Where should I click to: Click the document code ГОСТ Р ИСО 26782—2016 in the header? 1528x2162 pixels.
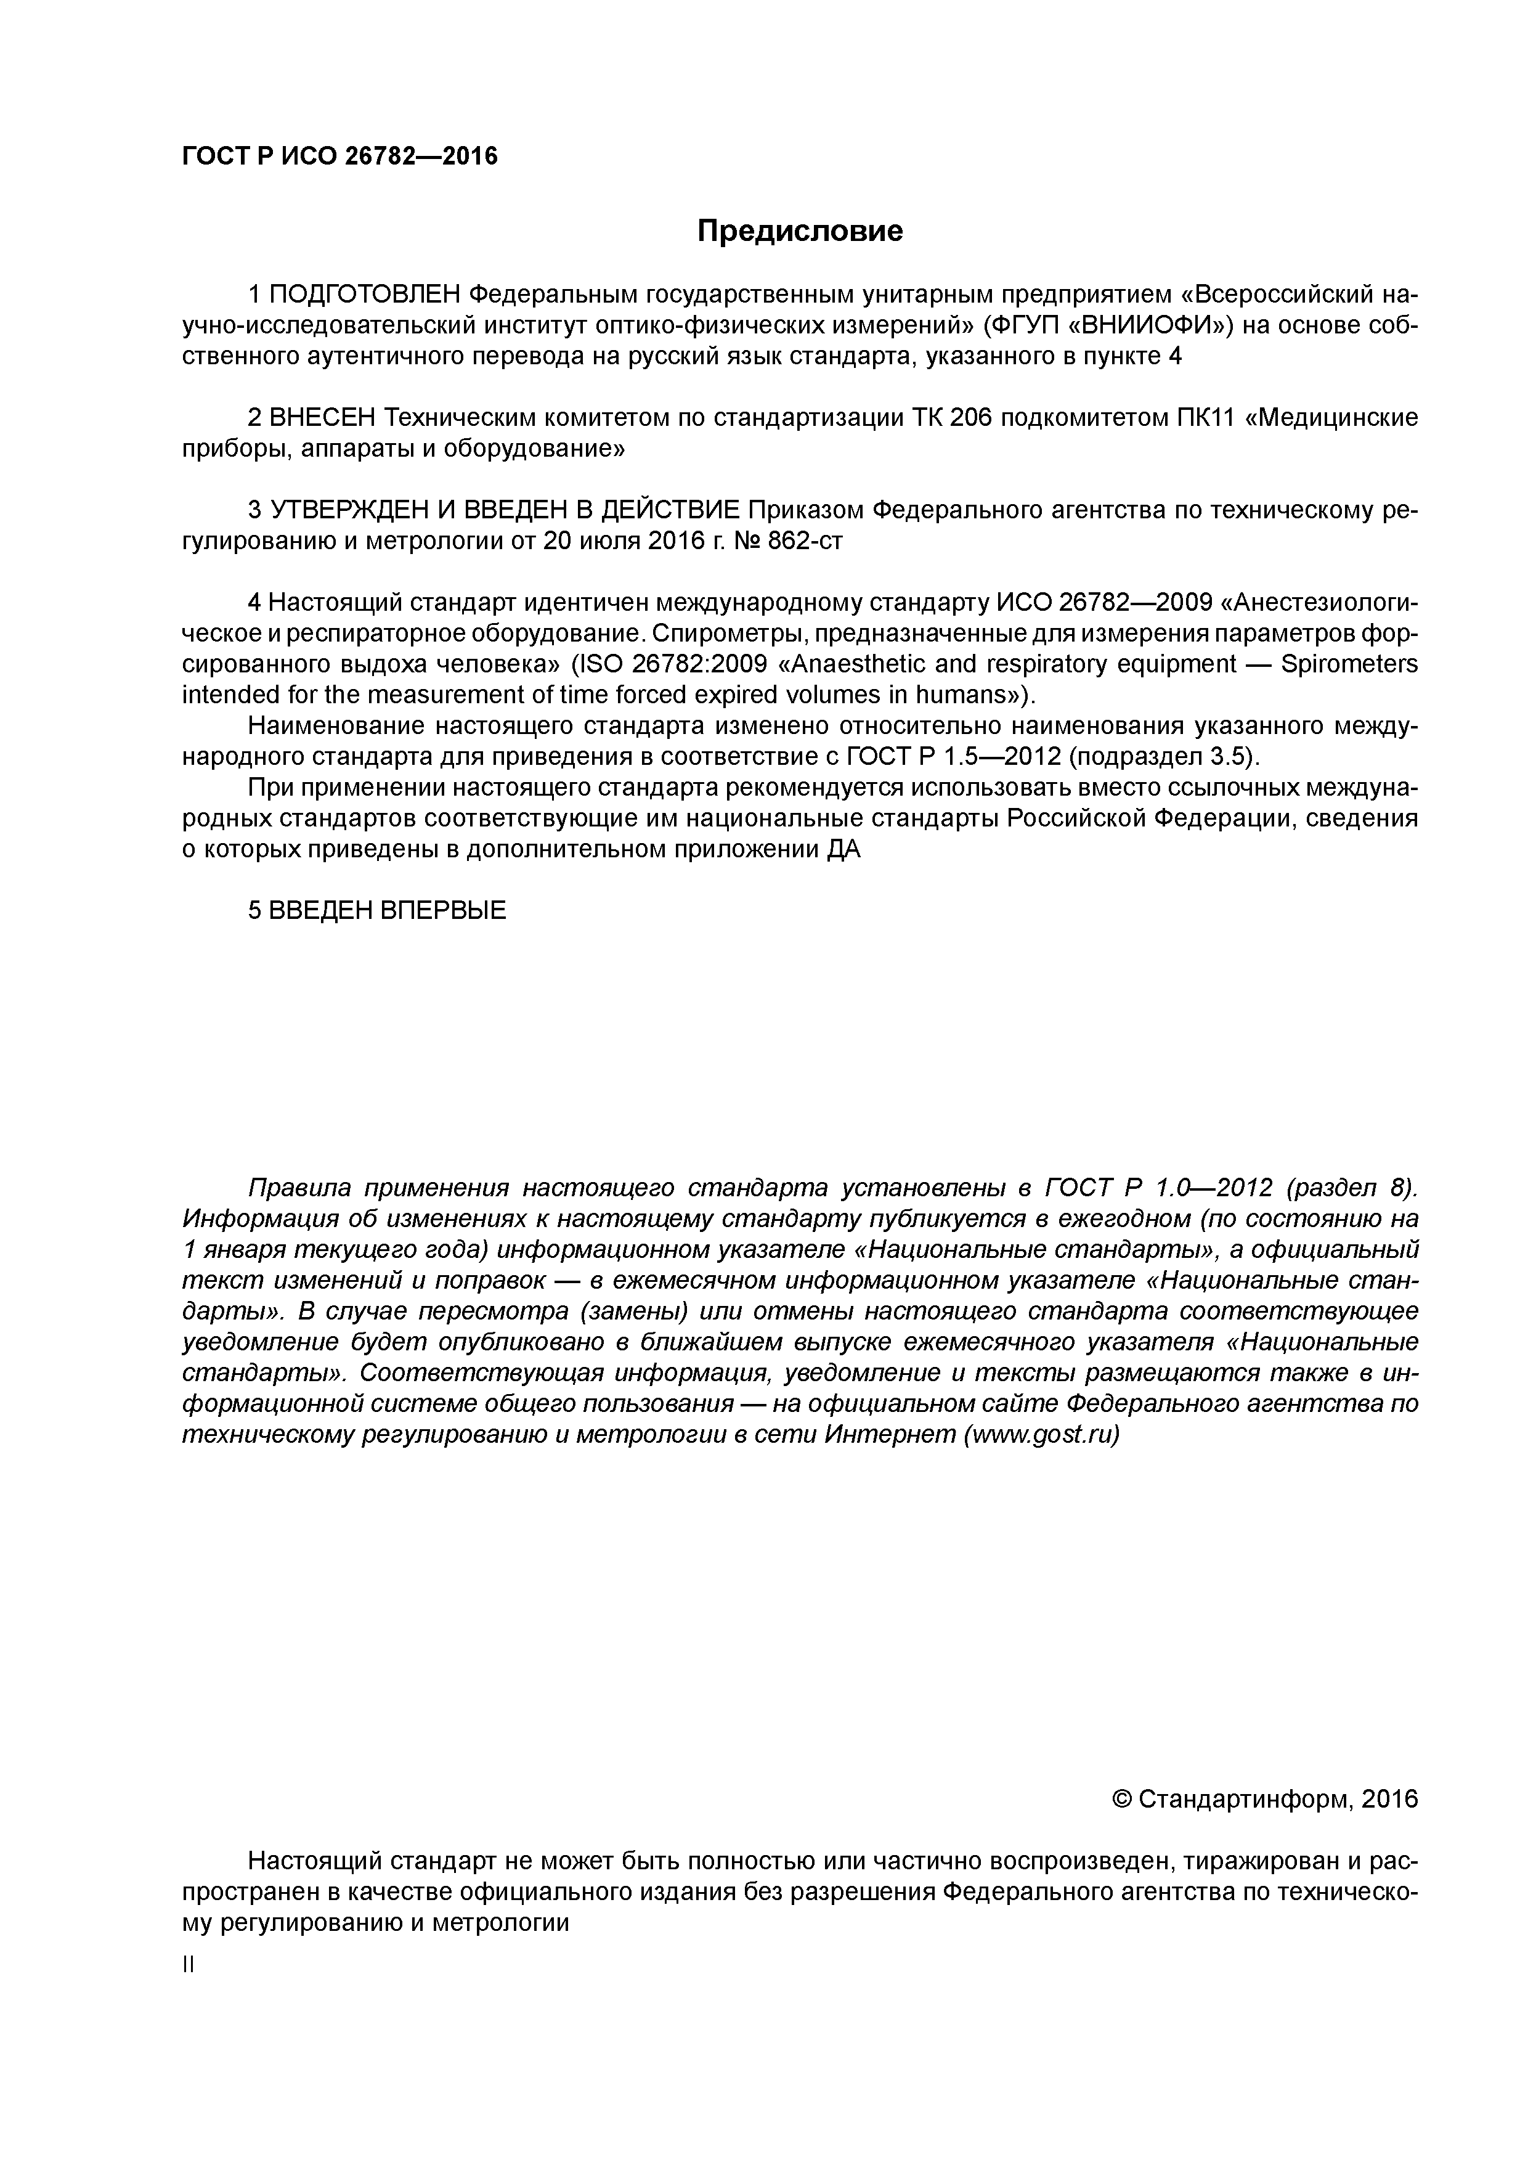(339, 157)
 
